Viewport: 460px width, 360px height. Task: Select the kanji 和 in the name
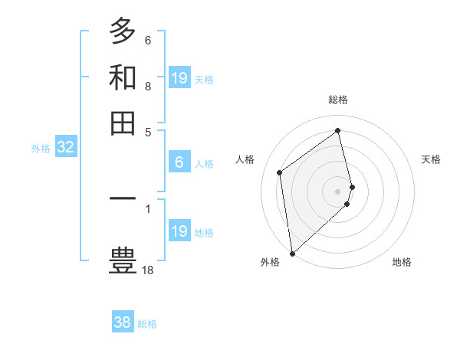pos(123,77)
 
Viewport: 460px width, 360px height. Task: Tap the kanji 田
pos(123,123)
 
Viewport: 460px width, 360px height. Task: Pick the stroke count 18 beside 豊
pos(148,270)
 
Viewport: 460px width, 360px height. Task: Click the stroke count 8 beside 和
pos(147,87)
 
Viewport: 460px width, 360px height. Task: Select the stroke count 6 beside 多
pos(147,40)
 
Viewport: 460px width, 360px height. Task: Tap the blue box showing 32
pos(65,148)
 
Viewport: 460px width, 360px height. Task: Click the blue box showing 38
pos(122,322)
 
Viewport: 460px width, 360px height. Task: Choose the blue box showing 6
pos(179,162)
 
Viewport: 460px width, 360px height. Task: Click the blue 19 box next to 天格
pos(179,78)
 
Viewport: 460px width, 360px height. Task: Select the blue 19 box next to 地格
pos(179,231)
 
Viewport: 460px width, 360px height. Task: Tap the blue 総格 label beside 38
pos(147,324)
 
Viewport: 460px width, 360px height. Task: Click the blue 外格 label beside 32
pos(40,149)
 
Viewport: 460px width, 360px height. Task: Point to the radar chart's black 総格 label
pos(338,100)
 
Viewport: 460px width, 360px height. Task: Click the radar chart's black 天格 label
pos(431,159)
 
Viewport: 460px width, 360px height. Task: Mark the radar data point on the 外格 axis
pos(292,253)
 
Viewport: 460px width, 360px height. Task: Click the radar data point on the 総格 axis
pos(338,130)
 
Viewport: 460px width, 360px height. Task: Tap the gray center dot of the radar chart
pos(338,191)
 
